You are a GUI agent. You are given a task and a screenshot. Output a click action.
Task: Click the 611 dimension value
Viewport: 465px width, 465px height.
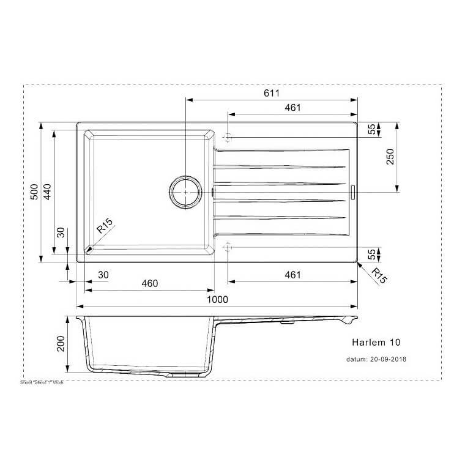(272, 93)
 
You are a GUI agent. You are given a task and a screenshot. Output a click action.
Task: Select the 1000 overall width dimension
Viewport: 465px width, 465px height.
(217, 299)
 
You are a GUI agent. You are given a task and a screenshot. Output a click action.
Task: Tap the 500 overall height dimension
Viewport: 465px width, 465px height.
(35, 192)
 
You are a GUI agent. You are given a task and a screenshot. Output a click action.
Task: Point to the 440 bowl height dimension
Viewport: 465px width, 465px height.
(48, 192)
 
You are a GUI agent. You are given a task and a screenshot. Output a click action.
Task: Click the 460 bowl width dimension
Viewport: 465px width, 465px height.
(150, 283)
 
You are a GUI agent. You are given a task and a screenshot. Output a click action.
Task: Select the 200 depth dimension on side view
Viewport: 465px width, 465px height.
(61, 345)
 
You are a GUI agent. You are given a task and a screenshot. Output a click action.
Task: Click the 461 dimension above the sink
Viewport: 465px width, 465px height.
(292, 108)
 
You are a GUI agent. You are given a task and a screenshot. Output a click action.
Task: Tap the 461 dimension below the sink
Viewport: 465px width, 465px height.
(292, 275)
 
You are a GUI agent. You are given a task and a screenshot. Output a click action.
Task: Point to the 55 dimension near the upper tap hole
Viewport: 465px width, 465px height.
(371, 129)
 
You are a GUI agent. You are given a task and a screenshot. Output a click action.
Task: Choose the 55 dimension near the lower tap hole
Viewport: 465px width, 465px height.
(371, 255)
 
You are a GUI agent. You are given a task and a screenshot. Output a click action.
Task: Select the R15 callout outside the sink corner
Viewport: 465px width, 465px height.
(380, 276)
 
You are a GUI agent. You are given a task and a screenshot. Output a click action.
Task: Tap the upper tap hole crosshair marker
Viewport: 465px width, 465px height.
(228, 136)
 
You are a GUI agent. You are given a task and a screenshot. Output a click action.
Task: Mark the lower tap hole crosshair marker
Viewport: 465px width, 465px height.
(228, 247)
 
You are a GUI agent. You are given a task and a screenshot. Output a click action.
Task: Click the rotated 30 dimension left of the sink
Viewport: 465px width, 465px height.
(61, 233)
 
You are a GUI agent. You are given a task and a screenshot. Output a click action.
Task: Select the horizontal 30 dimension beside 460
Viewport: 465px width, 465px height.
(102, 275)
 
